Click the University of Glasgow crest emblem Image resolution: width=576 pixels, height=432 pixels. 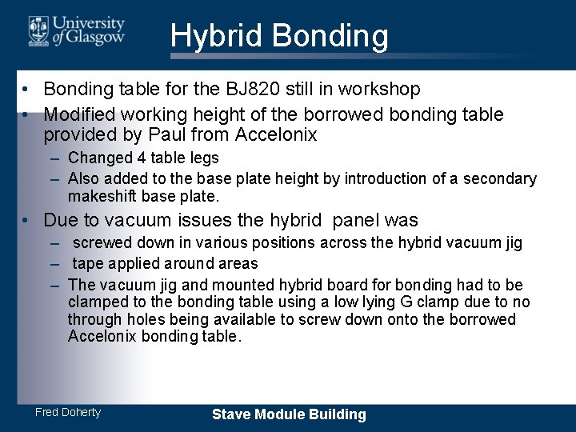click(38, 30)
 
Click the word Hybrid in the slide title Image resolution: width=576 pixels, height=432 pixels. click(216, 37)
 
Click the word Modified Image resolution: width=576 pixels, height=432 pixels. click(82, 114)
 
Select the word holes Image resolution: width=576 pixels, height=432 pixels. click(140, 319)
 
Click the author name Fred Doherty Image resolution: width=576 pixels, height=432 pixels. click(68, 412)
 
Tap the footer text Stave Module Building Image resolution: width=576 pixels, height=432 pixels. click(289, 414)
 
